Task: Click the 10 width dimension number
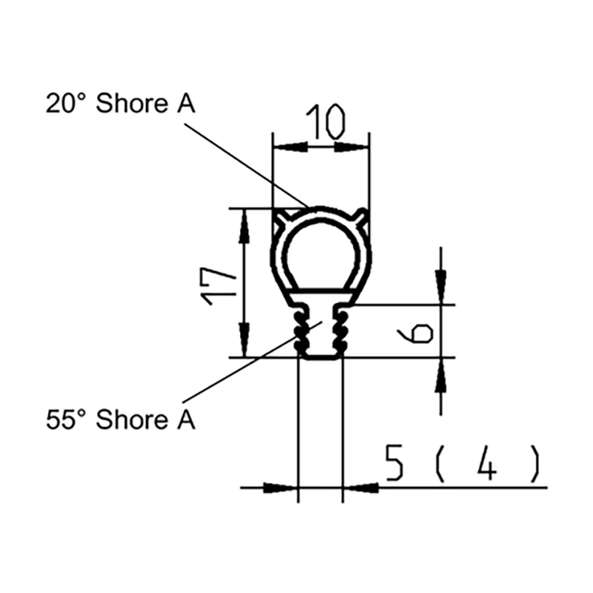tap(326, 122)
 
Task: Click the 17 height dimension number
tap(219, 286)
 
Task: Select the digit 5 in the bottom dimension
tap(394, 463)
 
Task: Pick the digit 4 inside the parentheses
tap(486, 463)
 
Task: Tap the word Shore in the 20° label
tap(132, 103)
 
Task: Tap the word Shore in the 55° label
tap(132, 420)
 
